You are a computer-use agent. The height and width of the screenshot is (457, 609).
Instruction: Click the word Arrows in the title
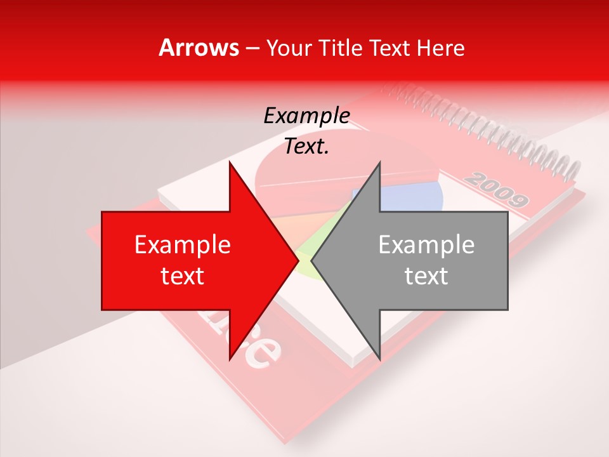[199, 48]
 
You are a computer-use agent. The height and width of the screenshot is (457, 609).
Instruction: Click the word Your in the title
[291, 48]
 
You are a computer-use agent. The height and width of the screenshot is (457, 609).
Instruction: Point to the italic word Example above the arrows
[307, 116]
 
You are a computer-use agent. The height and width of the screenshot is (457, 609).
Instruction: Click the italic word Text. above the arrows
[307, 147]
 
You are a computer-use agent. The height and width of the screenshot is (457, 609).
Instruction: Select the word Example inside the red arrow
[183, 245]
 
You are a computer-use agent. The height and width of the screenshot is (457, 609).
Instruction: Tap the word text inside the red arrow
[183, 276]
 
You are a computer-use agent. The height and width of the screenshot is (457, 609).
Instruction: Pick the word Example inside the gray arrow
[426, 245]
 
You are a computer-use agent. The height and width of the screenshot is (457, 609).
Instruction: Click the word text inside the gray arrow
[426, 276]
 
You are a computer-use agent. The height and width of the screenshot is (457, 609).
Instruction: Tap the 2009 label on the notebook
[495, 190]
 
